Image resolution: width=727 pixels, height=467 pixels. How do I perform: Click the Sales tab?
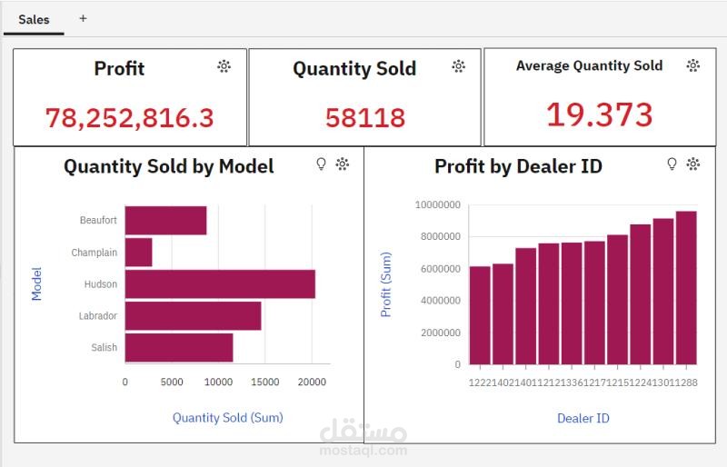34,19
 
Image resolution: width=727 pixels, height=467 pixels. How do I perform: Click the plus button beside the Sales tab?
83,18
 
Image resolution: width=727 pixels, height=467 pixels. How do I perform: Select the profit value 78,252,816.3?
129,117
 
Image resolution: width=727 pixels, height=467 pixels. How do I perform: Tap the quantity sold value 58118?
365,117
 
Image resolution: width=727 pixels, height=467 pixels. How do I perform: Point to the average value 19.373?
599,115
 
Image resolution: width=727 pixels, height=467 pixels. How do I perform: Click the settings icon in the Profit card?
224,66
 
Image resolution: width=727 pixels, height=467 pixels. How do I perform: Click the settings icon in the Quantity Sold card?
459,66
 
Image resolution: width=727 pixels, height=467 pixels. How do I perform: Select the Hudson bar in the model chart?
220,284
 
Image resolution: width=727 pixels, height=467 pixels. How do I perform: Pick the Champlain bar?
138,253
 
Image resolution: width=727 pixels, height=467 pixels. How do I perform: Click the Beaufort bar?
165,221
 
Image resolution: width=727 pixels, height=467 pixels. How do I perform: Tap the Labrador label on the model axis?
98,316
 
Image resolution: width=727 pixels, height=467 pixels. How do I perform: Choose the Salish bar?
178,347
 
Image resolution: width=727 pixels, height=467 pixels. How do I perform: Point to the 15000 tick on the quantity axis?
265,383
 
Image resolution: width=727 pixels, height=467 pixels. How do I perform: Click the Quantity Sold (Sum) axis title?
227,418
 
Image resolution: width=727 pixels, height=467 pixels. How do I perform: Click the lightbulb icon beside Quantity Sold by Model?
320,164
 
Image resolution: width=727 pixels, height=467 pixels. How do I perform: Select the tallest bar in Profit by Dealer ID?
686,288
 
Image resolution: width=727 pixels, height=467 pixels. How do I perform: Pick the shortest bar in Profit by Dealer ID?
480,315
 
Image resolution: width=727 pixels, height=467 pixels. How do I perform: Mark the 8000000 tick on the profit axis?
438,237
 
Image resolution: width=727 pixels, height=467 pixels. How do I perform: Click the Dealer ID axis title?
583,418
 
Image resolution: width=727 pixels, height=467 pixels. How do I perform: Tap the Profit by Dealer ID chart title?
518,166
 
